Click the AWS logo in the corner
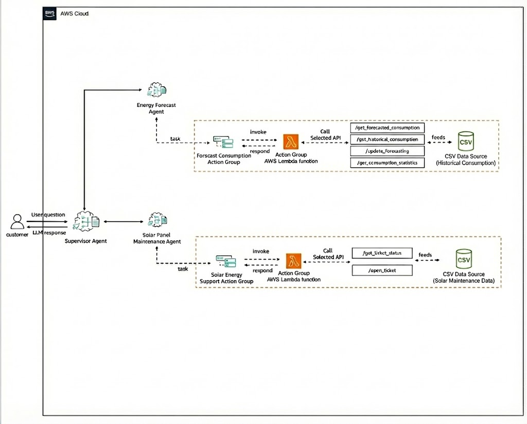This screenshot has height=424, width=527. point(50,13)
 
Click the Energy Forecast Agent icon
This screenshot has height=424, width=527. point(156,90)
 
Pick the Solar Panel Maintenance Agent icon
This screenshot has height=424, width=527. point(156,220)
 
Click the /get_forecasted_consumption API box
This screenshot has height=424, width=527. point(387,127)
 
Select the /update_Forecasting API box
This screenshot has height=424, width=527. point(387,151)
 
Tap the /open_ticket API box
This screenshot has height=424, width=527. point(382,270)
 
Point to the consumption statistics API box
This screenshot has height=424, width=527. point(387,163)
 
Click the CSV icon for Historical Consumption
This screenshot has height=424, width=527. point(465,142)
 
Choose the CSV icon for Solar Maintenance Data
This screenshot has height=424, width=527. point(464,260)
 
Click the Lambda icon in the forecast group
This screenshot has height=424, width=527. point(291,142)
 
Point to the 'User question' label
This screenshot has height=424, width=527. point(48,214)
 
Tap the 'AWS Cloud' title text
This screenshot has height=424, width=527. point(75,13)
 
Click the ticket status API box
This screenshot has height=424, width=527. point(382,254)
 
